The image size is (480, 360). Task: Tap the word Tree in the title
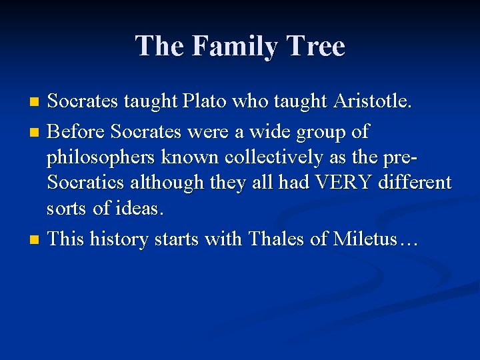[x=317, y=47]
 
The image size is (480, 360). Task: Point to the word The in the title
[x=161, y=47]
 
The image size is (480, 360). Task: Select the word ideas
[x=138, y=209]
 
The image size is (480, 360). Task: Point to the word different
[x=415, y=183]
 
